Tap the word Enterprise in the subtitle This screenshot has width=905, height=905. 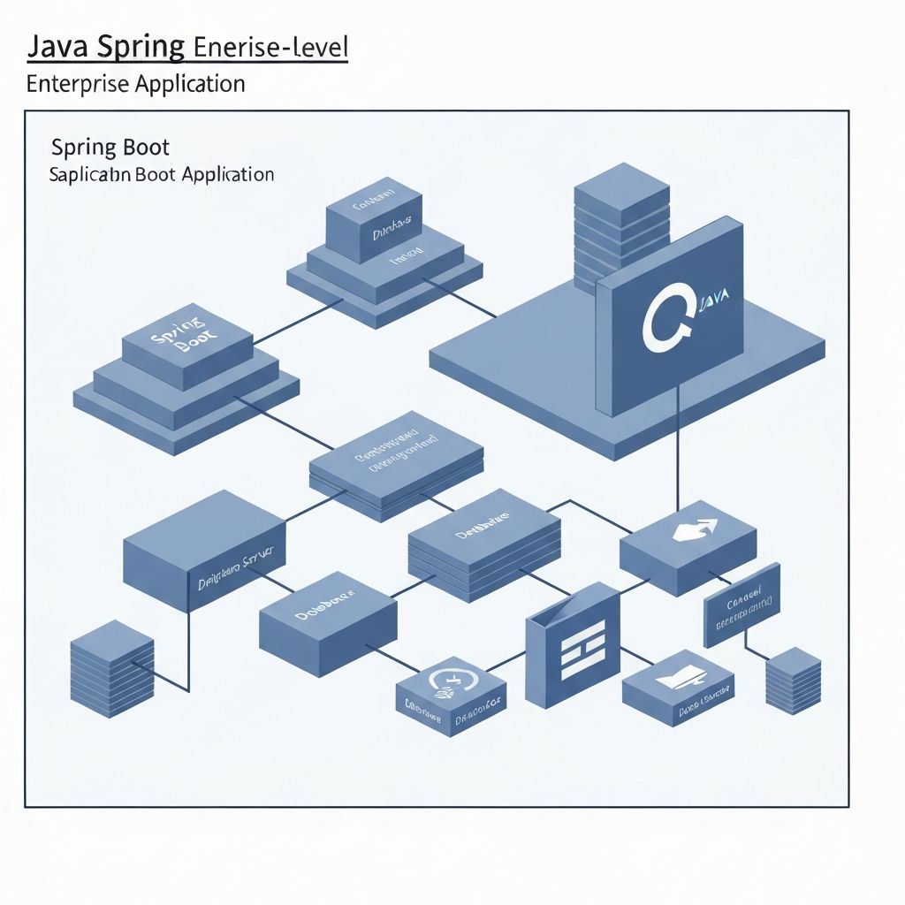(x=78, y=85)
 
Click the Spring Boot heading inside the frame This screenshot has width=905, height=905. (x=110, y=147)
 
